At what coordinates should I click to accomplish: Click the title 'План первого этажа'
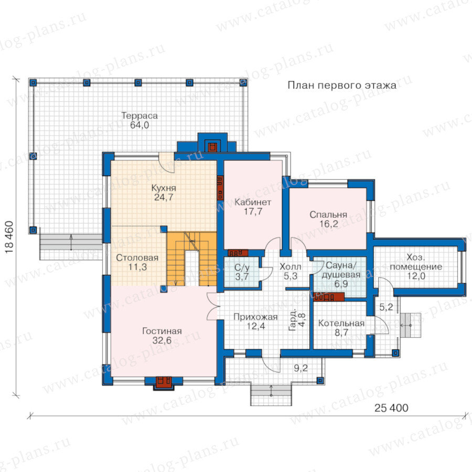(x=342, y=85)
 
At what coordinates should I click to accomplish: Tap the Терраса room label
(x=140, y=115)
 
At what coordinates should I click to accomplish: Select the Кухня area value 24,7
(x=164, y=198)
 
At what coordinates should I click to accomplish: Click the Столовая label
(x=137, y=258)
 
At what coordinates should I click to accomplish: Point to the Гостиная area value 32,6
(x=162, y=340)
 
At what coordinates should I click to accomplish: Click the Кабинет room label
(x=253, y=202)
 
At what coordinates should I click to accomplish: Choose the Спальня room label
(x=328, y=214)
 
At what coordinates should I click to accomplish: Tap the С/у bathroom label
(x=242, y=267)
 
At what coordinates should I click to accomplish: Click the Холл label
(x=290, y=267)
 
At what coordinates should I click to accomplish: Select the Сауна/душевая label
(x=341, y=270)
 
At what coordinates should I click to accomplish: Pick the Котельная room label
(x=341, y=323)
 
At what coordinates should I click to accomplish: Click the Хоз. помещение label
(x=416, y=262)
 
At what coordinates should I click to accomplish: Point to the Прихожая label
(x=255, y=317)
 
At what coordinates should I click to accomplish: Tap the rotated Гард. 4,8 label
(x=297, y=320)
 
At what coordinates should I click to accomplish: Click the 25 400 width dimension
(x=391, y=408)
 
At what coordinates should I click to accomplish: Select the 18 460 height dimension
(x=9, y=237)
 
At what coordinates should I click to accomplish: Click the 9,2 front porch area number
(x=301, y=368)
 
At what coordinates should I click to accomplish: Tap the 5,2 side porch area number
(x=386, y=307)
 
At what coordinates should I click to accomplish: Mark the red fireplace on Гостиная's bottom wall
(x=164, y=382)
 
